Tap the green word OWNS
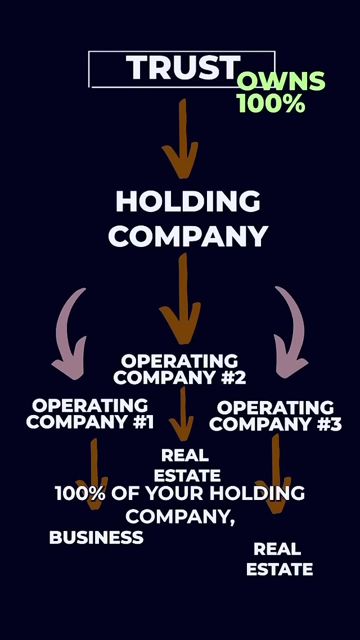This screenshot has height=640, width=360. point(281,82)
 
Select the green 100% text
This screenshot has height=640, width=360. point(271,103)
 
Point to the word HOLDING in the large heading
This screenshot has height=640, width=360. point(188,202)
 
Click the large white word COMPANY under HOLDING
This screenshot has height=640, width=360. point(188,236)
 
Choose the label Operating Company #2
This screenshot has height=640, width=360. point(180,369)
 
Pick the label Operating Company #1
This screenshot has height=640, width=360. point(90,413)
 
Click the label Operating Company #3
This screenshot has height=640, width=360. point(275,416)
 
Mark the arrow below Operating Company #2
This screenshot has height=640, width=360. point(182,413)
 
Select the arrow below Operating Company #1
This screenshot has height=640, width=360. point(93,472)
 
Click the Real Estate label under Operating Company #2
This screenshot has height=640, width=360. point(186,465)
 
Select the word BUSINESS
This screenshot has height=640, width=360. point(96,538)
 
